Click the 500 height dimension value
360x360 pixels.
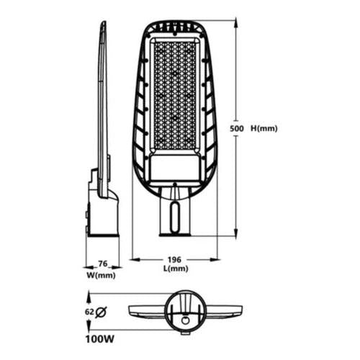coord(236,129)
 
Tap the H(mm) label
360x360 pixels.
coord(264,129)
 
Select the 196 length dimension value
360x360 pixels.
coord(174,260)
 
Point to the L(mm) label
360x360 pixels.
coord(176,269)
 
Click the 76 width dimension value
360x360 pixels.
coord(103,264)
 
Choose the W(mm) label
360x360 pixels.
coord(101,275)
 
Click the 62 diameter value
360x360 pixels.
coord(89,312)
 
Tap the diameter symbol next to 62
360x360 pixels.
coord(101,312)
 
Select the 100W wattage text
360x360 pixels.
coord(100,339)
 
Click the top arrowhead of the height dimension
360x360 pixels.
coord(236,23)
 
